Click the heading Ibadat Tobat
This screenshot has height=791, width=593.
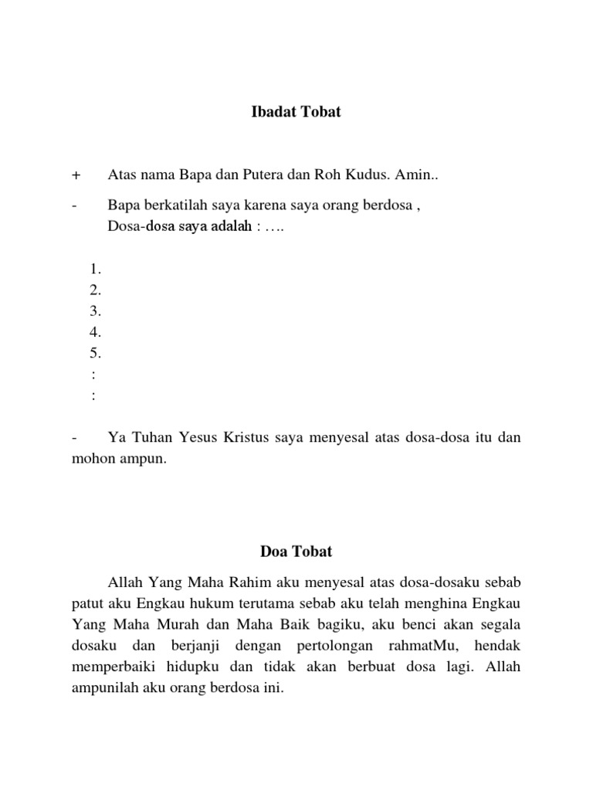pos(296,112)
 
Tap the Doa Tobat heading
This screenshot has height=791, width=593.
pos(296,552)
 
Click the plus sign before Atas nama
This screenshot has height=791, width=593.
pos(75,175)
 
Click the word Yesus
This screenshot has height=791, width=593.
pos(191,438)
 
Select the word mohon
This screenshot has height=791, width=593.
pos(85,459)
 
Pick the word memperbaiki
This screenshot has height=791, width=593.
pos(108,666)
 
